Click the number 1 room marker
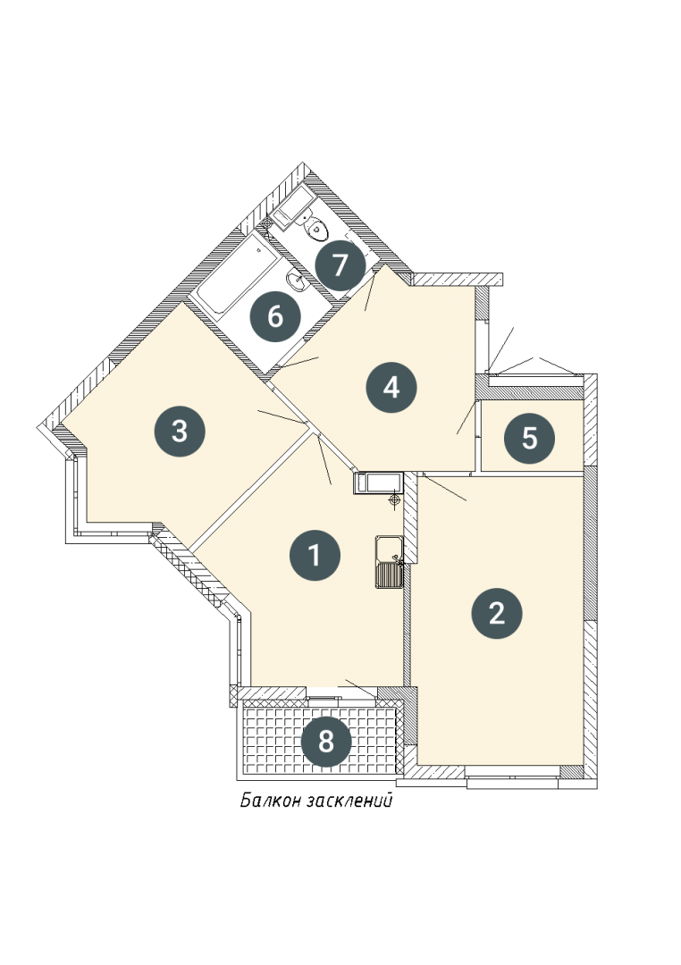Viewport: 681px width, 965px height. pyautogui.click(x=315, y=555)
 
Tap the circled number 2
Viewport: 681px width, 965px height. pyautogui.click(x=496, y=613)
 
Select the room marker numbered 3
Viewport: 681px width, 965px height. pyautogui.click(x=179, y=431)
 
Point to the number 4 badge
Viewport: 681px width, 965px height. pyautogui.click(x=391, y=388)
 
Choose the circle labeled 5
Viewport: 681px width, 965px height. pyautogui.click(x=530, y=439)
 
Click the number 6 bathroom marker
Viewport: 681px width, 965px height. pyautogui.click(x=275, y=317)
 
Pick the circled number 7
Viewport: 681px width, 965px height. pyautogui.click(x=340, y=266)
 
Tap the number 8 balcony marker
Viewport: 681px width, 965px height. pyautogui.click(x=325, y=742)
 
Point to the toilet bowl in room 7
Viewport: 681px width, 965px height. pyautogui.click(x=316, y=229)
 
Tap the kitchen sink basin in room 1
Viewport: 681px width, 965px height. pyautogui.click(x=389, y=548)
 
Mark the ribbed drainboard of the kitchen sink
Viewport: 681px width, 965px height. pyautogui.click(x=389, y=575)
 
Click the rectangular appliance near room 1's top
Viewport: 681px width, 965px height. pyautogui.click(x=378, y=483)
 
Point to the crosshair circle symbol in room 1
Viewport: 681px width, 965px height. pyautogui.click(x=395, y=501)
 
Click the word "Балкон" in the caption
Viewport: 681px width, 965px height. pyautogui.click(x=270, y=801)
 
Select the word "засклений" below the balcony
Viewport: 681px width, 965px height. pyautogui.click(x=349, y=801)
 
